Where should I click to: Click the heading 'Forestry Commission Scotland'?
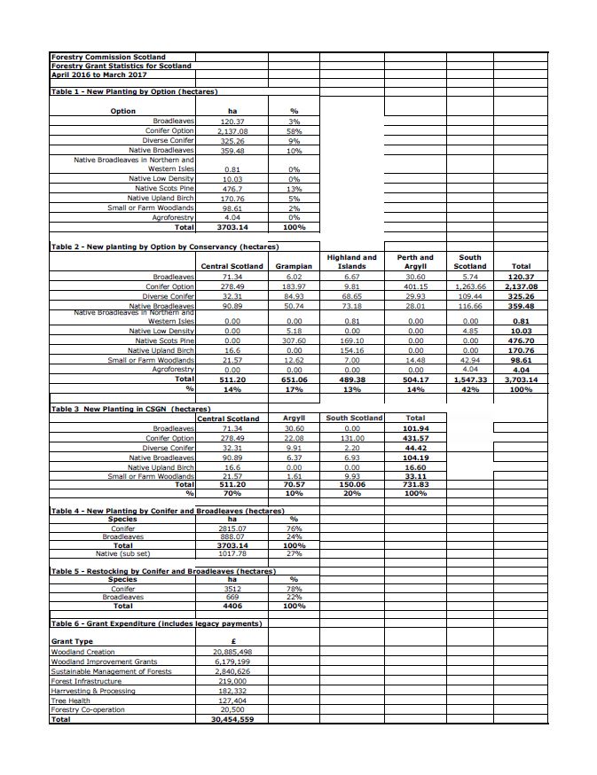coord(108,57)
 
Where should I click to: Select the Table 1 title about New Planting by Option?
coord(134,91)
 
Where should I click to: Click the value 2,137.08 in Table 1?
coord(232,130)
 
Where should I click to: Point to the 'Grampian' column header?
coord(294,266)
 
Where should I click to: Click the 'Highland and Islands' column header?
coord(352,262)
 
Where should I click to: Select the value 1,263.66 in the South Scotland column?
coord(470,286)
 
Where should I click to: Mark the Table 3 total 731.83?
coord(415,485)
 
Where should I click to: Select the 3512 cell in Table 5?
coord(232,588)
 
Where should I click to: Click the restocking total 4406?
coord(232,606)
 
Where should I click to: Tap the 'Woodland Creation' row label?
coord(82,652)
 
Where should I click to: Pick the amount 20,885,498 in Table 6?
coord(232,652)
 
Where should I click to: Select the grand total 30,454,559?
coord(232,719)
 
